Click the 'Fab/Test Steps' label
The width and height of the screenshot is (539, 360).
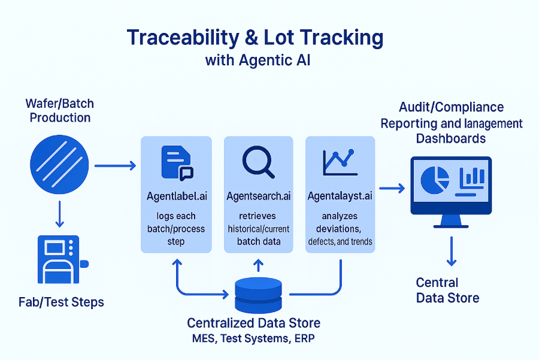coord(61,302)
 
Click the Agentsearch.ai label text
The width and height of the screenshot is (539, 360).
coord(259,196)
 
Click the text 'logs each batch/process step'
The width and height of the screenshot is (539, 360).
coord(176,228)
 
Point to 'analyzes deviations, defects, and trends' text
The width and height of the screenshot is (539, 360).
coord(340,228)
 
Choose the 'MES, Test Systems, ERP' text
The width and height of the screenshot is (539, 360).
coord(254,338)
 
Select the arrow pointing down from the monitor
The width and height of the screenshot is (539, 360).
coord(452,252)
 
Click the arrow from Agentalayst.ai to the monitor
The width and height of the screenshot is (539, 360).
coord(392,189)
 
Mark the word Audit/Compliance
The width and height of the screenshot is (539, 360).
coord(452,107)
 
